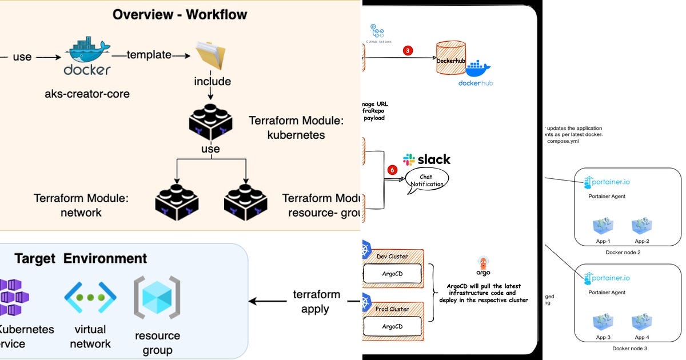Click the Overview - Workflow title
click(180, 15)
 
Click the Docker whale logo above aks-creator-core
click(87, 53)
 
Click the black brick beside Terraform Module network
click(177, 202)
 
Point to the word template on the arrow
click(149, 55)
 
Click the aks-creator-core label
click(87, 93)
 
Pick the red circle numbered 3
click(407, 50)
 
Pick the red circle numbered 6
click(392, 170)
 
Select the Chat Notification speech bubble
click(426, 181)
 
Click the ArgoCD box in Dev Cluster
click(392, 274)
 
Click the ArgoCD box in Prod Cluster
click(392, 326)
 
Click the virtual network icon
click(90, 297)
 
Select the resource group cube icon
click(157, 297)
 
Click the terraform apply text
click(316, 302)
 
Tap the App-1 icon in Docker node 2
click(603, 226)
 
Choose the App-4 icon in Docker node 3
click(642, 322)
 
